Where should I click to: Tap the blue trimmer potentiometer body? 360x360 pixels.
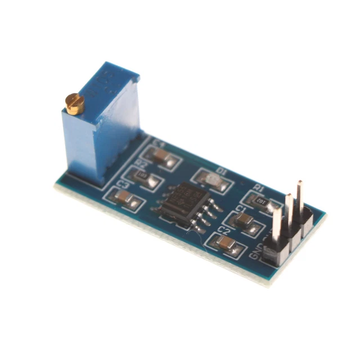pos(101,129)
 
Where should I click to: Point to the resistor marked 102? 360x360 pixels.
pos(260,201)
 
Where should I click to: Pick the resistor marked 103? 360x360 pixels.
pos(143,175)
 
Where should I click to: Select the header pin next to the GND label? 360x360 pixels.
pos(277,225)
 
